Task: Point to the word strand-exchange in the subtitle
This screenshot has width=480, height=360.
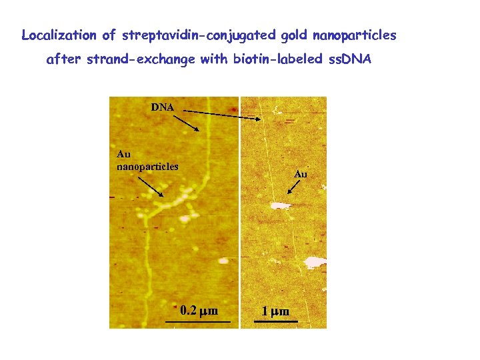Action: [x=141, y=59]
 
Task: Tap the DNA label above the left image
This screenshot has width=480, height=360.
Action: [x=163, y=107]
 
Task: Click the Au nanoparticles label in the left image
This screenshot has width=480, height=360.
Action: [x=147, y=161]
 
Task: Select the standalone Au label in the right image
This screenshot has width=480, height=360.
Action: [x=300, y=174]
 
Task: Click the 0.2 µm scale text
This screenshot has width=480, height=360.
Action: [x=199, y=311]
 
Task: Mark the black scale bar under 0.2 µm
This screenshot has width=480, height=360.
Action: [x=197, y=322]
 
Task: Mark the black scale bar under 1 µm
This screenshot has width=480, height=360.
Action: [x=272, y=322]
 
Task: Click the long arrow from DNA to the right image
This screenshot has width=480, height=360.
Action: [x=223, y=114]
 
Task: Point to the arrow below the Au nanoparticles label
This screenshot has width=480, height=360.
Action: [x=152, y=186]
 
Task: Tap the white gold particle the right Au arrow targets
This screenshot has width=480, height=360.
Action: [x=280, y=205]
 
